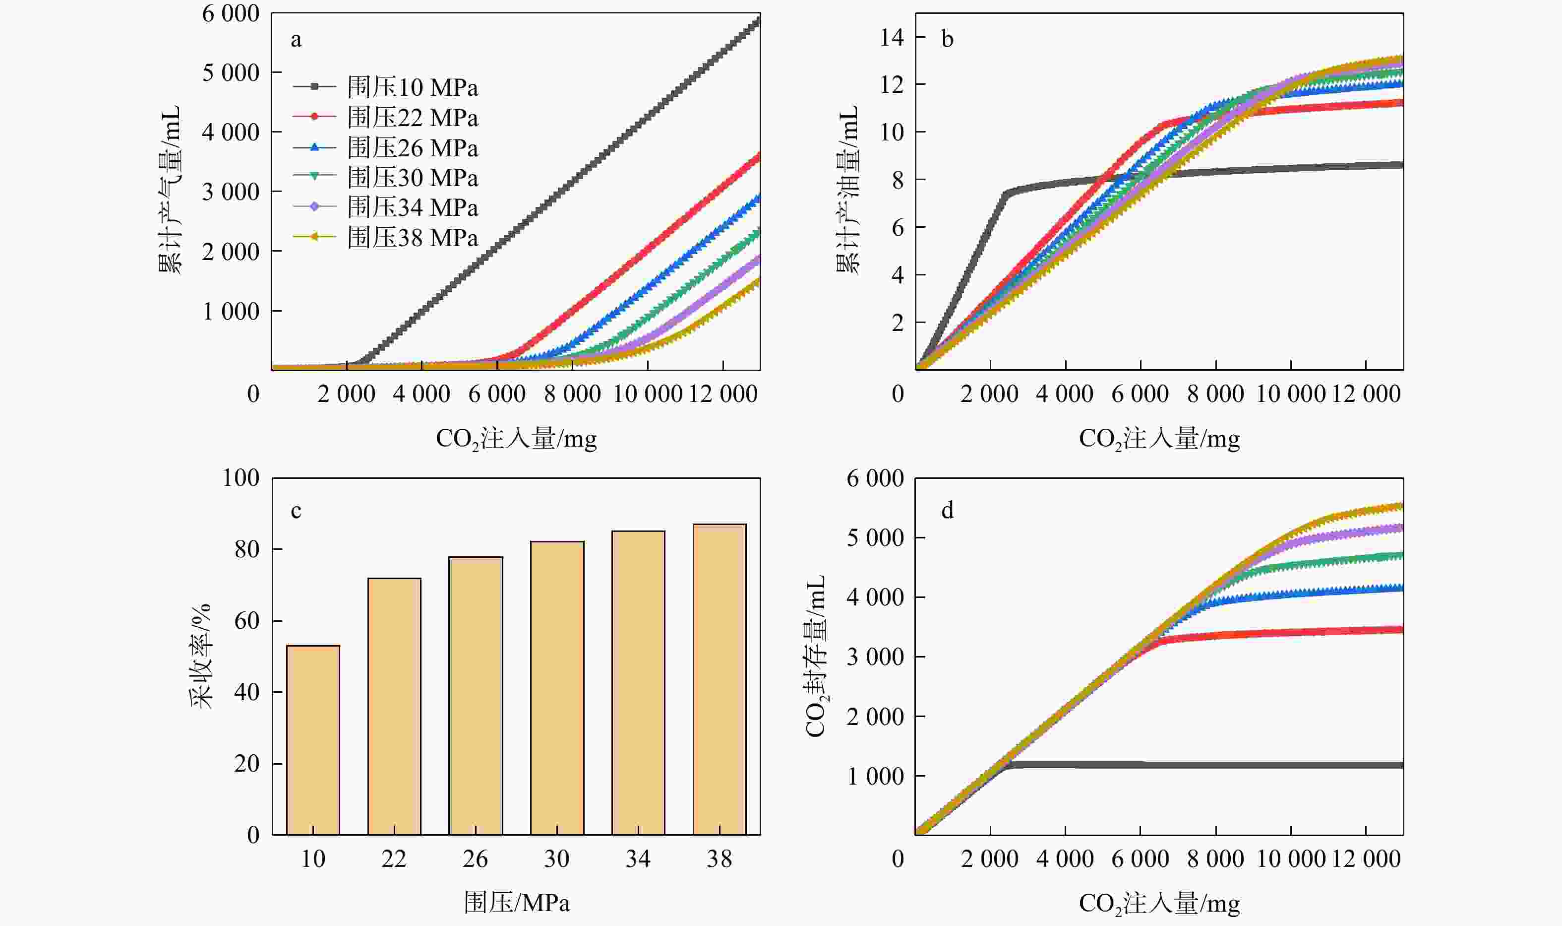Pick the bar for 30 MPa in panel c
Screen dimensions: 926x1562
[557, 688]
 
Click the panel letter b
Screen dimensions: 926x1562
[947, 40]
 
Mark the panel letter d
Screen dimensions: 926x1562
[947, 511]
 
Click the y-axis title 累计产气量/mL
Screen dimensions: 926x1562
[169, 191]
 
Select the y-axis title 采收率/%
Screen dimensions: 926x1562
[201, 656]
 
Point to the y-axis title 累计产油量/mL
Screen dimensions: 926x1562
[847, 191]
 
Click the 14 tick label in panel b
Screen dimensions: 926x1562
[892, 37]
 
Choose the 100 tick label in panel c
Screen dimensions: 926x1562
[240, 478]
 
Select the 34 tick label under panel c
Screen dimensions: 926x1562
[638, 859]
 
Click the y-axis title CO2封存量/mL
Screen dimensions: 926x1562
[816, 656]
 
